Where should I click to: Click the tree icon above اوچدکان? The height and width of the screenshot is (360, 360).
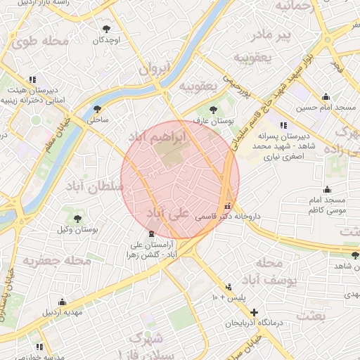pos(106,29)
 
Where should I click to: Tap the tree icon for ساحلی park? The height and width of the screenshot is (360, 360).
pos(97,109)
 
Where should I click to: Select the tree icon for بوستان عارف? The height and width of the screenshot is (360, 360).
pos(213,110)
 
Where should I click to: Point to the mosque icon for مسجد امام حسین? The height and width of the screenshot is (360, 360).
pos(325,97)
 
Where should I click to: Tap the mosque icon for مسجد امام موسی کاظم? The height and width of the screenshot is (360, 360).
pos(327,189)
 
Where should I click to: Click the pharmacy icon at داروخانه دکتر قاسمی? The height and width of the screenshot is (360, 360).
pos(226,207)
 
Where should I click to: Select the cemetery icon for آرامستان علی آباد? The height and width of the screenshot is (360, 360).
pos(150,233)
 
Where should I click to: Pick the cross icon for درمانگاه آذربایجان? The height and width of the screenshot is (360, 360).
pos(254,312)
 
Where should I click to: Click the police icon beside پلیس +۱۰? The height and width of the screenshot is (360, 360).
pos(229,287)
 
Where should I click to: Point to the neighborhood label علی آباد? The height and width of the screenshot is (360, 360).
pos(167,212)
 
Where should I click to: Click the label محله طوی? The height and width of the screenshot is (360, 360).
pos(40,41)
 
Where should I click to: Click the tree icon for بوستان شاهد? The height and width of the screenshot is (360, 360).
pos(355,255)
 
